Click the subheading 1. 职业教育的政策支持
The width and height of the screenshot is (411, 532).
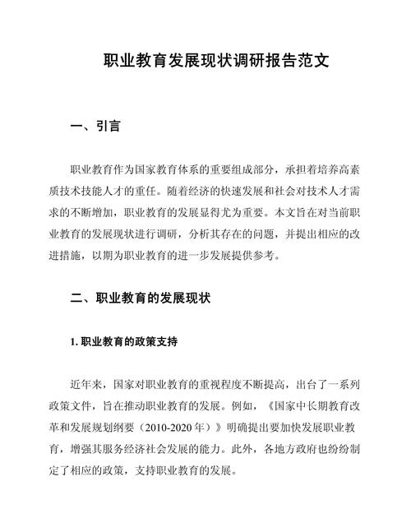point(124,340)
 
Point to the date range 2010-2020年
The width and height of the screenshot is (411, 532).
point(183,428)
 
